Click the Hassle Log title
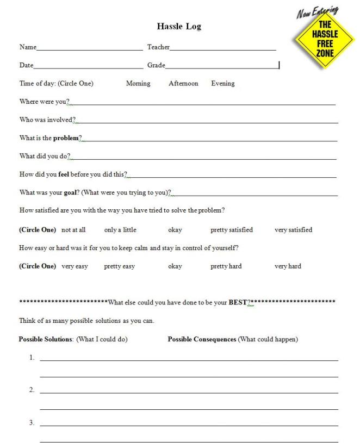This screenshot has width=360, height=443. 179,26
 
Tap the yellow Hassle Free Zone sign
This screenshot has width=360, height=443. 325,40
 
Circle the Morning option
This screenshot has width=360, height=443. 138,84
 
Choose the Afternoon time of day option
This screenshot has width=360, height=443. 183,84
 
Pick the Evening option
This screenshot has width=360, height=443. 223,84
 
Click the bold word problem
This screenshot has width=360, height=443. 66,138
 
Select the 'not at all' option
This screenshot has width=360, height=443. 73,230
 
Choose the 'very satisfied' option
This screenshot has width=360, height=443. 293,230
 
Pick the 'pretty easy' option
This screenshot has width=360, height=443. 120,266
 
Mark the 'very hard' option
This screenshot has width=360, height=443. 288,266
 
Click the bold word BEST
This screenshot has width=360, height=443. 237,302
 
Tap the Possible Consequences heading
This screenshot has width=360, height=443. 202,340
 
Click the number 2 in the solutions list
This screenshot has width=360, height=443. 32,390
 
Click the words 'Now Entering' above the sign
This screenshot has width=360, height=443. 317,12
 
